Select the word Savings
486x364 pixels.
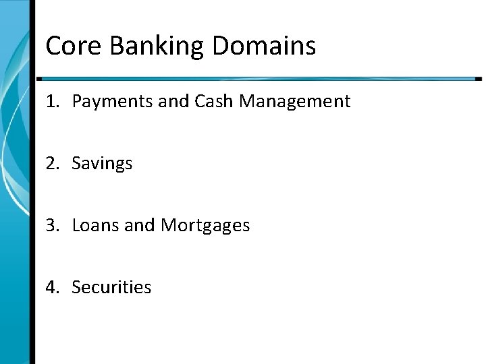pyautogui.click(x=102, y=164)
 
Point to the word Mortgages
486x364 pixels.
pyautogui.click(x=205, y=225)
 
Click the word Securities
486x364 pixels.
pyautogui.click(x=111, y=286)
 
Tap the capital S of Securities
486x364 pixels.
pyautogui.click(x=76, y=286)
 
